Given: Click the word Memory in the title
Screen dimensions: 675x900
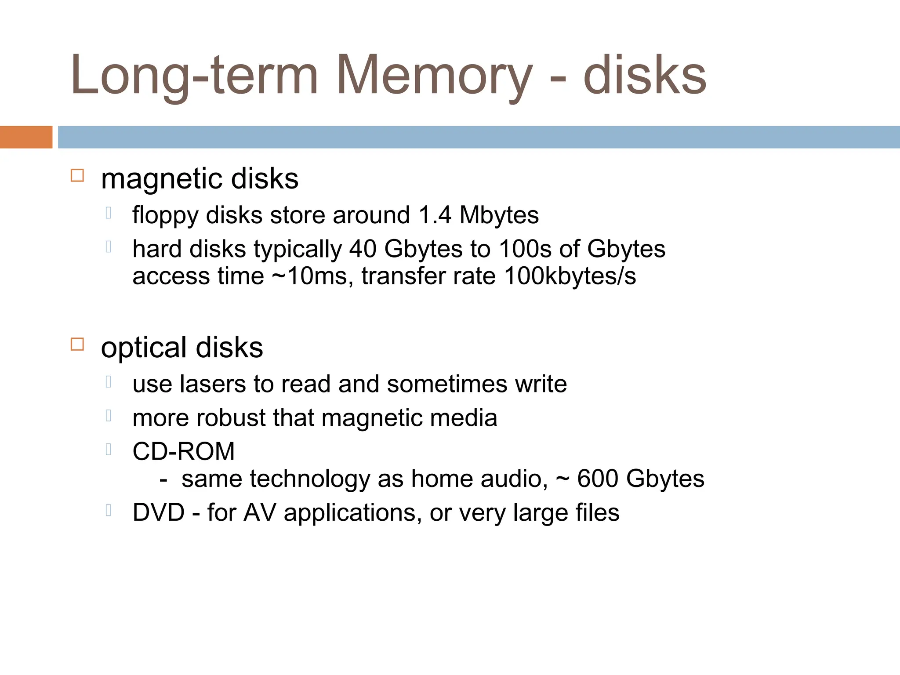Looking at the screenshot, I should [x=434, y=76].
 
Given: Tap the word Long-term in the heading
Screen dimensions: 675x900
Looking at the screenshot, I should [x=194, y=76].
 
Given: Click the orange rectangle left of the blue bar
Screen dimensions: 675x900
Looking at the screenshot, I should [x=26, y=137].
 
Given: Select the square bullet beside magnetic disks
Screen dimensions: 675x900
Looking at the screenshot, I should [x=77, y=175].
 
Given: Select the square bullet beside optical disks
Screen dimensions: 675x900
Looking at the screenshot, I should [x=77, y=344].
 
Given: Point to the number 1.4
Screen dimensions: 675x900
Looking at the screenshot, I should [x=435, y=215].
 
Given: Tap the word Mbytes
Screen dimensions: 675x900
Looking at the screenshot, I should [x=499, y=216].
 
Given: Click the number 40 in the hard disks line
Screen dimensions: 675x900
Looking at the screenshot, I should [x=363, y=249].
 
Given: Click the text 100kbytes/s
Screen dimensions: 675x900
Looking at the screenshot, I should [x=570, y=276].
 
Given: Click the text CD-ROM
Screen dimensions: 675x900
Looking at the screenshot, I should [x=184, y=451].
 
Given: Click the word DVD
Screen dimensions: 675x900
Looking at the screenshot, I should [x=159, y=512].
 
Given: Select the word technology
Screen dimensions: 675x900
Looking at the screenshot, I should [x=310, y=479].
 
